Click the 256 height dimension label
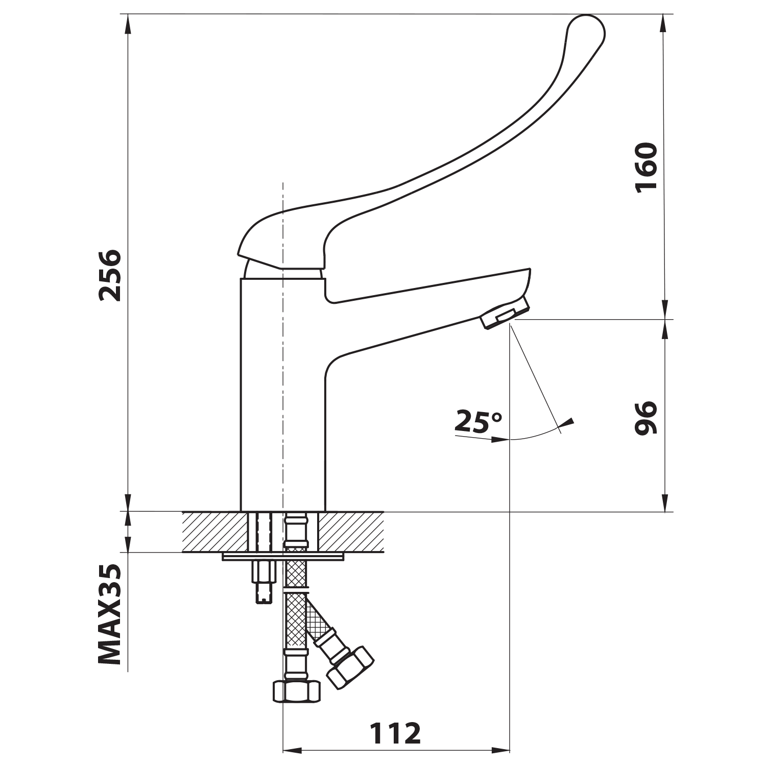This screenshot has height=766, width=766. pos(110,275)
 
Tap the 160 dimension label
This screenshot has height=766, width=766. pos(647,167)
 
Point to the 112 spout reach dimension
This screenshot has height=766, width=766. pos(395,734)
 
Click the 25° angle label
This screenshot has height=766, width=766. pos(478,422)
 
